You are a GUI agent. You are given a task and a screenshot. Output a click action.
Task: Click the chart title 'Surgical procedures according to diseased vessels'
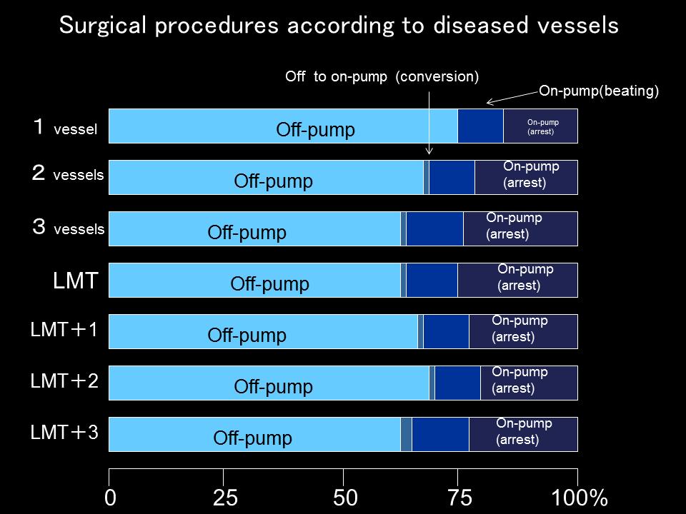339,26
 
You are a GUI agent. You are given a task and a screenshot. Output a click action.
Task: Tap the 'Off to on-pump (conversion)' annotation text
382,76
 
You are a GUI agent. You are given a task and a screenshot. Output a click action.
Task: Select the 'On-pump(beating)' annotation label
598,91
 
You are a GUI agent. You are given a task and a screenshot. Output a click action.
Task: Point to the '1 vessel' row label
65,128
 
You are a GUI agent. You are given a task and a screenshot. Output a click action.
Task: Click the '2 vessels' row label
68,174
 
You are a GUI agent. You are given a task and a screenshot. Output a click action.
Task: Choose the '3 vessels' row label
69,228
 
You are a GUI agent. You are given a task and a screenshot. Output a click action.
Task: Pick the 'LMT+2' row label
64,381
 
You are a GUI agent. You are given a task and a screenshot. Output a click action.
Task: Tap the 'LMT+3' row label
64,432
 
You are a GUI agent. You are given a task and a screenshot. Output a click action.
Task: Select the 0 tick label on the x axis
110,498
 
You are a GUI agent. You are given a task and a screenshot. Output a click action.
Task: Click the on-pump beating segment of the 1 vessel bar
480,126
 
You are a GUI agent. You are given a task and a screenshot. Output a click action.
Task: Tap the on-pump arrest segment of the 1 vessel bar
540,126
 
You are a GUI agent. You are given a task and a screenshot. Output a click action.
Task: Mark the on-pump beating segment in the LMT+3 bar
440,434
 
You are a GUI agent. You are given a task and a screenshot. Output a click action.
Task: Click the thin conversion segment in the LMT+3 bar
406,434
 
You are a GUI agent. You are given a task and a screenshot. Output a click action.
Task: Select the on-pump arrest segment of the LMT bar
517,280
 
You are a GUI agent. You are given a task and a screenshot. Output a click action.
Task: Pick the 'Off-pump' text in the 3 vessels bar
247,233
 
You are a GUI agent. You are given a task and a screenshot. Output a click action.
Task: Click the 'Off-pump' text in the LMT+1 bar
247,336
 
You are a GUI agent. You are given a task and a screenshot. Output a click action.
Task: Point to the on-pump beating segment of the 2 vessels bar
452,177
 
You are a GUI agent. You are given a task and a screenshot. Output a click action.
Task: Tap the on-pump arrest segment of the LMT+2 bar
528,383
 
